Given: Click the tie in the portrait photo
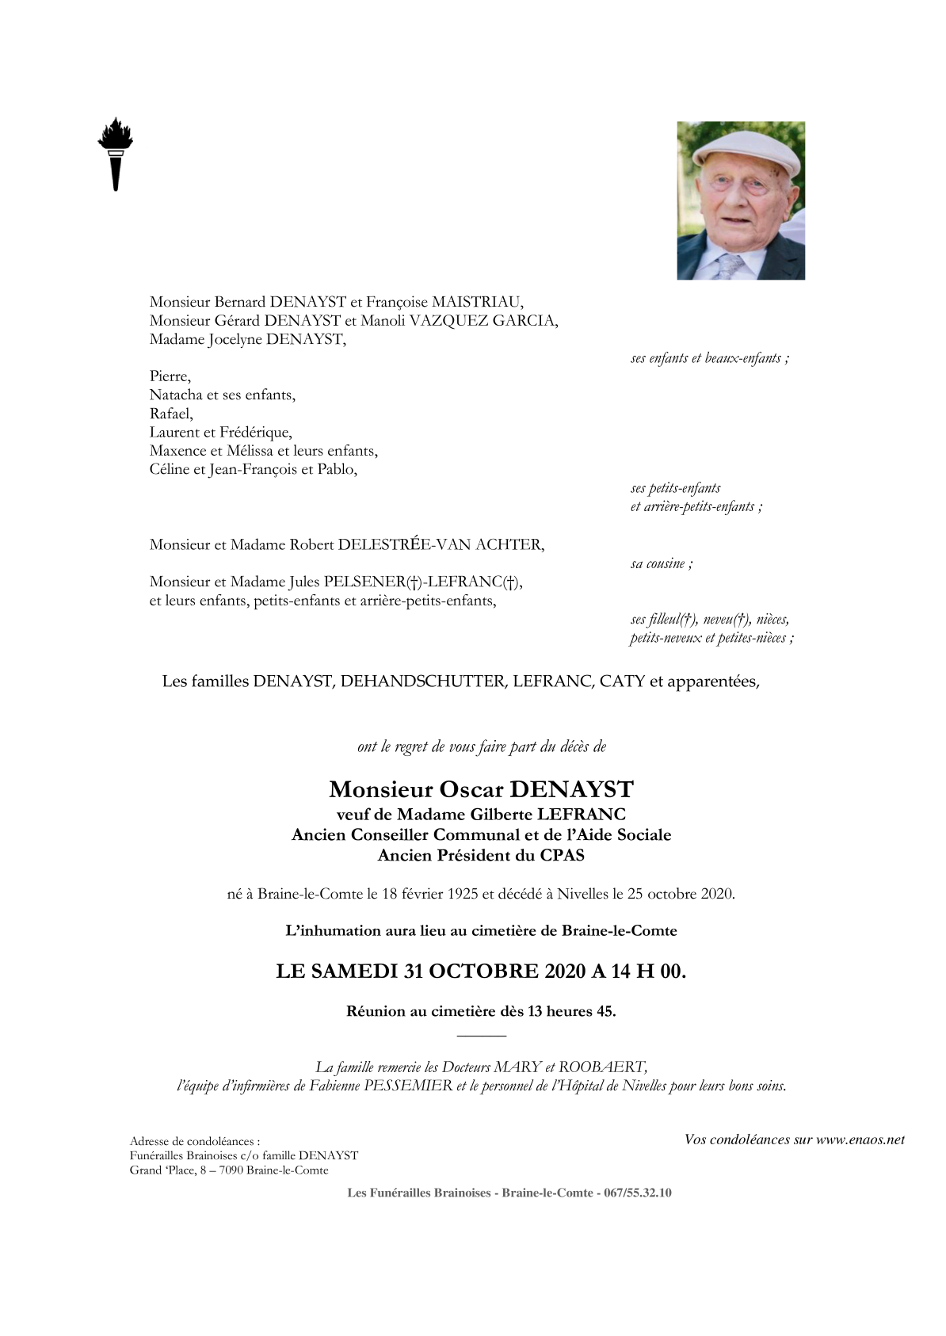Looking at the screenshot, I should (727, 265).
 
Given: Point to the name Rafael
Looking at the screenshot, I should (170, 414).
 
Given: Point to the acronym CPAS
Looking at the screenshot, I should (563, 855).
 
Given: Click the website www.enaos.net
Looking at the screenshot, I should (860, 1139).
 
